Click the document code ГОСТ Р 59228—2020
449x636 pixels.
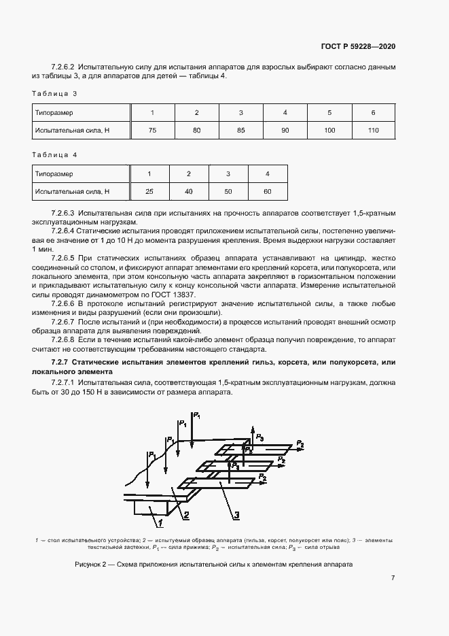[357, 47]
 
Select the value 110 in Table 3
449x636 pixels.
[373, 130]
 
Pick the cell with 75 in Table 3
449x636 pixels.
[152, 130]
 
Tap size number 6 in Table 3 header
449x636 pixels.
[373, 112]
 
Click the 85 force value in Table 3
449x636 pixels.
[240, 130]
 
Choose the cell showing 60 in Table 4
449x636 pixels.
[267, 192]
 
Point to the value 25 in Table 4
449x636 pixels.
[149, 192]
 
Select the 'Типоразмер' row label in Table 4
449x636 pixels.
[54, 174]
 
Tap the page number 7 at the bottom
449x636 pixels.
[393, 578]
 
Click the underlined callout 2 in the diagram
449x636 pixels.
[186, 514]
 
